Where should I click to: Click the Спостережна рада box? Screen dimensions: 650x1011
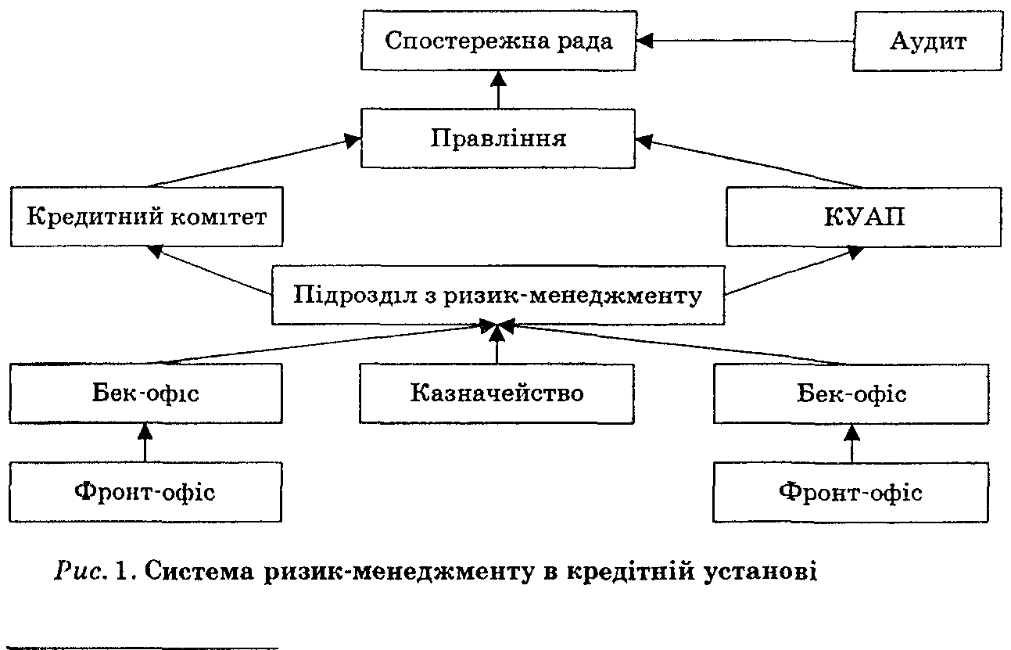(498, 41)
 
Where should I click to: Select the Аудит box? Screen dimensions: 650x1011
(927, 41)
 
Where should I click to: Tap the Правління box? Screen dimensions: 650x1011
(498, 138)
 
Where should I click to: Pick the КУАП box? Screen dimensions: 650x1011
(863, 216)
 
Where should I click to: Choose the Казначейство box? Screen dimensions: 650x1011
(497, 392)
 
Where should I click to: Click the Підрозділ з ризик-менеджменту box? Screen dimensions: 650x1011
(497, 296)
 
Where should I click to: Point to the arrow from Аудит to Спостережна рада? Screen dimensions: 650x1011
(743, 41)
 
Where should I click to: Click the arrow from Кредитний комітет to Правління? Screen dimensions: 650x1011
(250, 163)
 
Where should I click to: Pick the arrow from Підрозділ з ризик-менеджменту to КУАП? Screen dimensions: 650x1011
(790, 271)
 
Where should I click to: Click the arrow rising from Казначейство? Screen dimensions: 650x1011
(497, 344)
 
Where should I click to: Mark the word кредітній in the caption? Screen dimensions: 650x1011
(609, 572)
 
